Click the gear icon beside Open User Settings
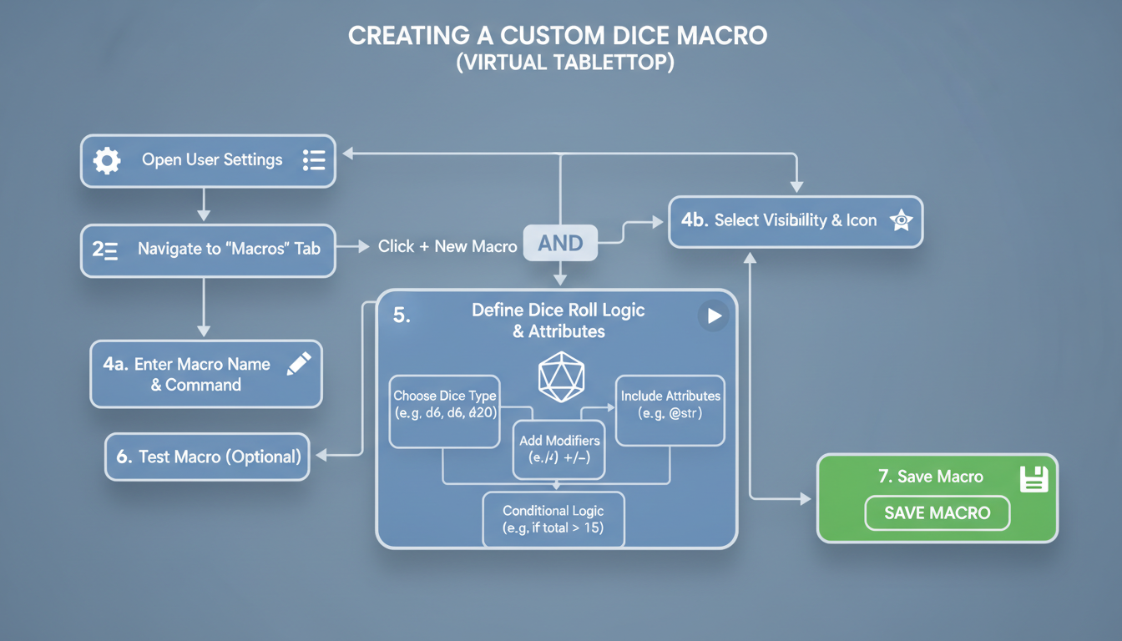107,160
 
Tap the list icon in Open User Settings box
314,160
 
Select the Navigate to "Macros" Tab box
208,250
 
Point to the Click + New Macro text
447,246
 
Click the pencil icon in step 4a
298,364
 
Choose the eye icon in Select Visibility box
901,221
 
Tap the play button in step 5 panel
714,316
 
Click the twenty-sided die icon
561,377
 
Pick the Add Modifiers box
559,449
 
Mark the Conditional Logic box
553,519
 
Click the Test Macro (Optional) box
207,457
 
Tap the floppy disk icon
1034,478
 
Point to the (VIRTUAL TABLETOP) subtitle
565,63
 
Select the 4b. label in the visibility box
695,221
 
